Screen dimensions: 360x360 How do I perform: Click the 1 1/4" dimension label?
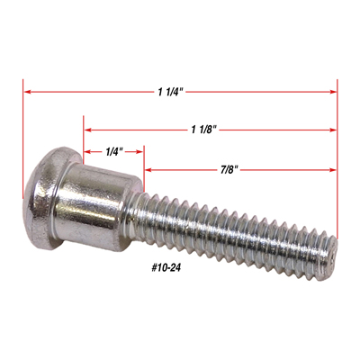coord(171,92)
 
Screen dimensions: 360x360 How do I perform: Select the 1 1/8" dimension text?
coord(204,130)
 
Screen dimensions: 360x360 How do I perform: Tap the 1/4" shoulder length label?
coord(114,152)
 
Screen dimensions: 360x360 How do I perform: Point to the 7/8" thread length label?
coord(228,170)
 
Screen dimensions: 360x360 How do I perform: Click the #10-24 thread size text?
coord(166,268)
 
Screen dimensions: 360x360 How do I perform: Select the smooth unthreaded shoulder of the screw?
coord(96,207)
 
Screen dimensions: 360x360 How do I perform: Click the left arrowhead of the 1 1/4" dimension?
coord(27,92)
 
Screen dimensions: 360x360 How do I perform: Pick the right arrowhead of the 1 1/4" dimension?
coord(333,92)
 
